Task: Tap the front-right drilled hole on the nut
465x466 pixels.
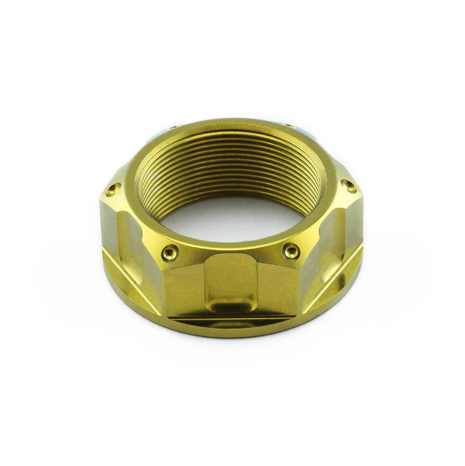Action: coord(292,250)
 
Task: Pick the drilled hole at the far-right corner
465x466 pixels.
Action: coord(350,186)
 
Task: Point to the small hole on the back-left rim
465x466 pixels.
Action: coord(171,128)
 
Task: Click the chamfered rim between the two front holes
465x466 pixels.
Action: coord(231,248)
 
